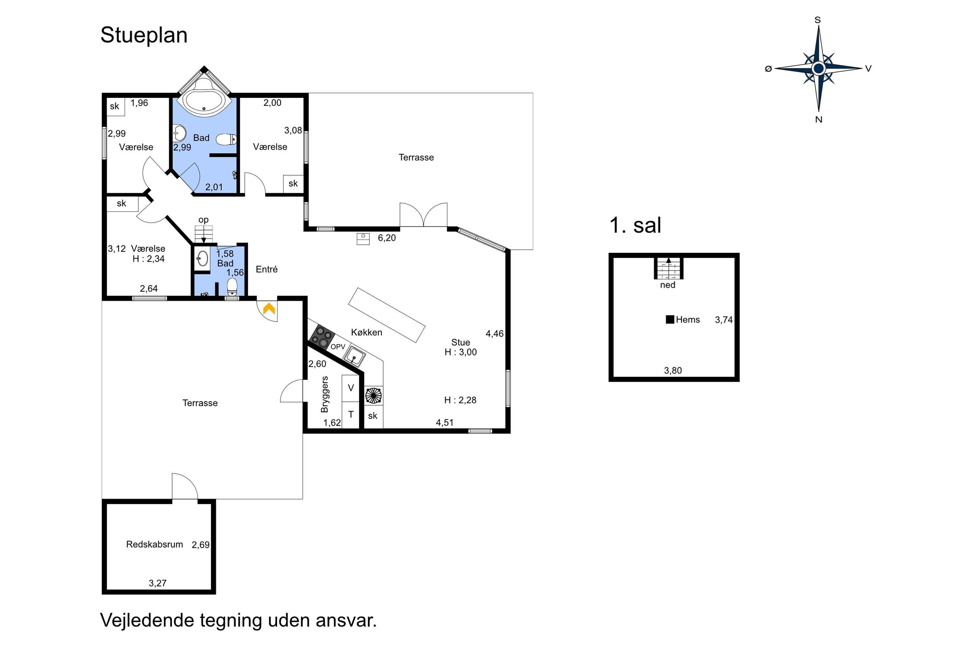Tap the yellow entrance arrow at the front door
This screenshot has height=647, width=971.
click(269, 308)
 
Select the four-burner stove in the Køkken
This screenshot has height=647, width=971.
click(322, 337)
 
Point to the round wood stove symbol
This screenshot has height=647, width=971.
click(373, 395)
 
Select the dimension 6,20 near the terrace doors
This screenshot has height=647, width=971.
click(387, 238)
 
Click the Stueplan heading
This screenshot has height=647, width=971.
click(144, 35)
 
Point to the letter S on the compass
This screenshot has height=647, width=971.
click(818, 20)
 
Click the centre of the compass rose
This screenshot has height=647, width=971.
click(818, 68)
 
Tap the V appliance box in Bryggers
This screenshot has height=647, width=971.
click(351, 388)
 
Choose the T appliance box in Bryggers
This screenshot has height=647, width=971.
click(351, 415)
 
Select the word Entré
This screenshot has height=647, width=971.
click(267, 269)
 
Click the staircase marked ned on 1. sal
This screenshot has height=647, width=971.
click(668, 268)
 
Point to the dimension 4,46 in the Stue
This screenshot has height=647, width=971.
click(495, 334)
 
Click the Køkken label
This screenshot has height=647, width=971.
click(367, 332)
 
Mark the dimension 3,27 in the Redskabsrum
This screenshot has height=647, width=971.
click(158, 583)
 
